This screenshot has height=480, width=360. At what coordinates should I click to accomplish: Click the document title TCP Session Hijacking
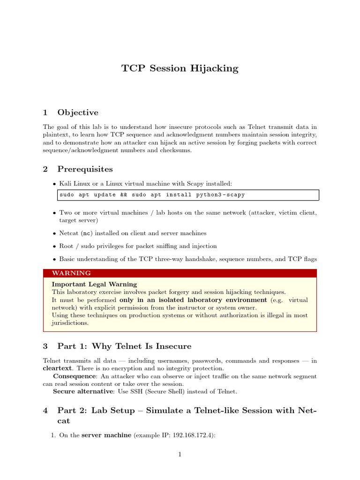click(180, 68)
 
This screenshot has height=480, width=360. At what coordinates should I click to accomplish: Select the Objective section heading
click(78, 112)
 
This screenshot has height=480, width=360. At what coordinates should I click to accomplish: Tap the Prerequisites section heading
click(85, 169)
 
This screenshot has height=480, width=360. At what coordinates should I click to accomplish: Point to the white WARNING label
click(71, 273)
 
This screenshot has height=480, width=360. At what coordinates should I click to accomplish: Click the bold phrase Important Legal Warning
click(94, 284)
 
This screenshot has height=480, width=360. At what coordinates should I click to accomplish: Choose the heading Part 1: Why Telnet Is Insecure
click(124, 346)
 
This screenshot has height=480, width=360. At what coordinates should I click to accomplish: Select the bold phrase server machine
click(106, 435)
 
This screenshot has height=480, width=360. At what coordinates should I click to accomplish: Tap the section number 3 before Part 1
click(45, 346)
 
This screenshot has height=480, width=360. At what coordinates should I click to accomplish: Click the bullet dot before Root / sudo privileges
click(54, 246)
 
